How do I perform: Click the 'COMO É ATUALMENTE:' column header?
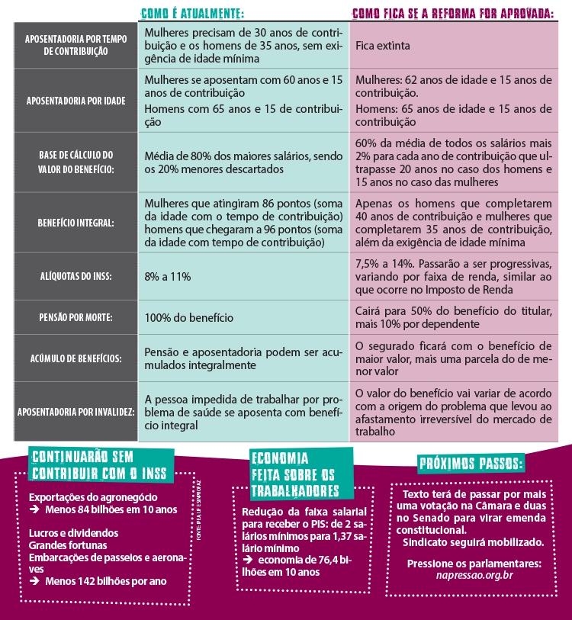pos(192,13)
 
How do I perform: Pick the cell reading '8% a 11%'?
pos(167,276)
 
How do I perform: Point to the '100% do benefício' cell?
pos(188,317)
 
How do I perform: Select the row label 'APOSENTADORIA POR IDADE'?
pos(75,101)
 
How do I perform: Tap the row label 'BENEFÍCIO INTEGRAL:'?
pos(75,223)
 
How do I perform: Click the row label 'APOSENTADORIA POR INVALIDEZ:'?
pos(76,412)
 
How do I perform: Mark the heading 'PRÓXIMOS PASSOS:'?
pos(471,464)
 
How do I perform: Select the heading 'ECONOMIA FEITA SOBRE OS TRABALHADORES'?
pos(294,474)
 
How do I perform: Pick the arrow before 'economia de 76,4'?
pos(248,559)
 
